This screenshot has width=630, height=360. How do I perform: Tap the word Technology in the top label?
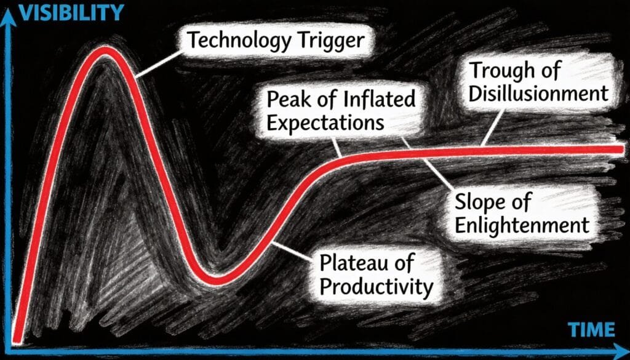coord(233,42)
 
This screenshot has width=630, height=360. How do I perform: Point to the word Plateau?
coord(354,263)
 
